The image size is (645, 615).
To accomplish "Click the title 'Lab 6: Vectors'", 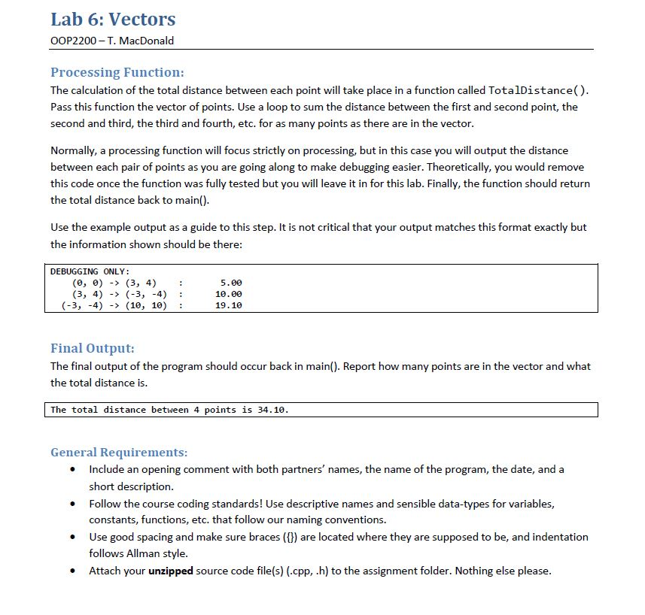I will click(x=112, y=19).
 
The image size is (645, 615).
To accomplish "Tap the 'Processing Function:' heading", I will click(x=117, y=72).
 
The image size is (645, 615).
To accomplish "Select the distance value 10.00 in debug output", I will click(x=229, y=294).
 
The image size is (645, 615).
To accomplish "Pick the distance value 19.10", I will click(x=229, y=305).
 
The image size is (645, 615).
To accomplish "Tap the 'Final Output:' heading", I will click(x=93, y=348).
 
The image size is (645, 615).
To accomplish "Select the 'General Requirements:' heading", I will click(x=119, y=452).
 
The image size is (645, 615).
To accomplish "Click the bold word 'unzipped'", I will click(x=172, y=571).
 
